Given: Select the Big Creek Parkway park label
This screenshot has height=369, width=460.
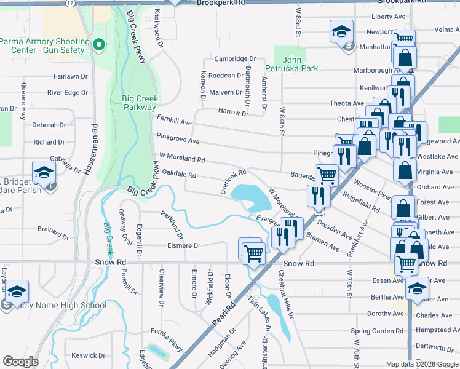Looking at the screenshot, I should pos(139,103).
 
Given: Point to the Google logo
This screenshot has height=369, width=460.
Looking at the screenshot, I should pos(20,362).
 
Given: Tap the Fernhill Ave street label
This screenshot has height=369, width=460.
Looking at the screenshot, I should pos(175,123).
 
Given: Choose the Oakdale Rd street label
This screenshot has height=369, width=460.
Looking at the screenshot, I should pos(178,175).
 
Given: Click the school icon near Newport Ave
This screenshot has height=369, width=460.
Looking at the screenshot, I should pos(341,31).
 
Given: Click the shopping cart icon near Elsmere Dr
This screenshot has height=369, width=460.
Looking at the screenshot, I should pos(253,252).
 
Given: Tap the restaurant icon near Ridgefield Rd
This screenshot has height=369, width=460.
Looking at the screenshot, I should pos(318,196).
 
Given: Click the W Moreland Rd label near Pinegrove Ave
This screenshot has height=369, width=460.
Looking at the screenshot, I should pos(181,157).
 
